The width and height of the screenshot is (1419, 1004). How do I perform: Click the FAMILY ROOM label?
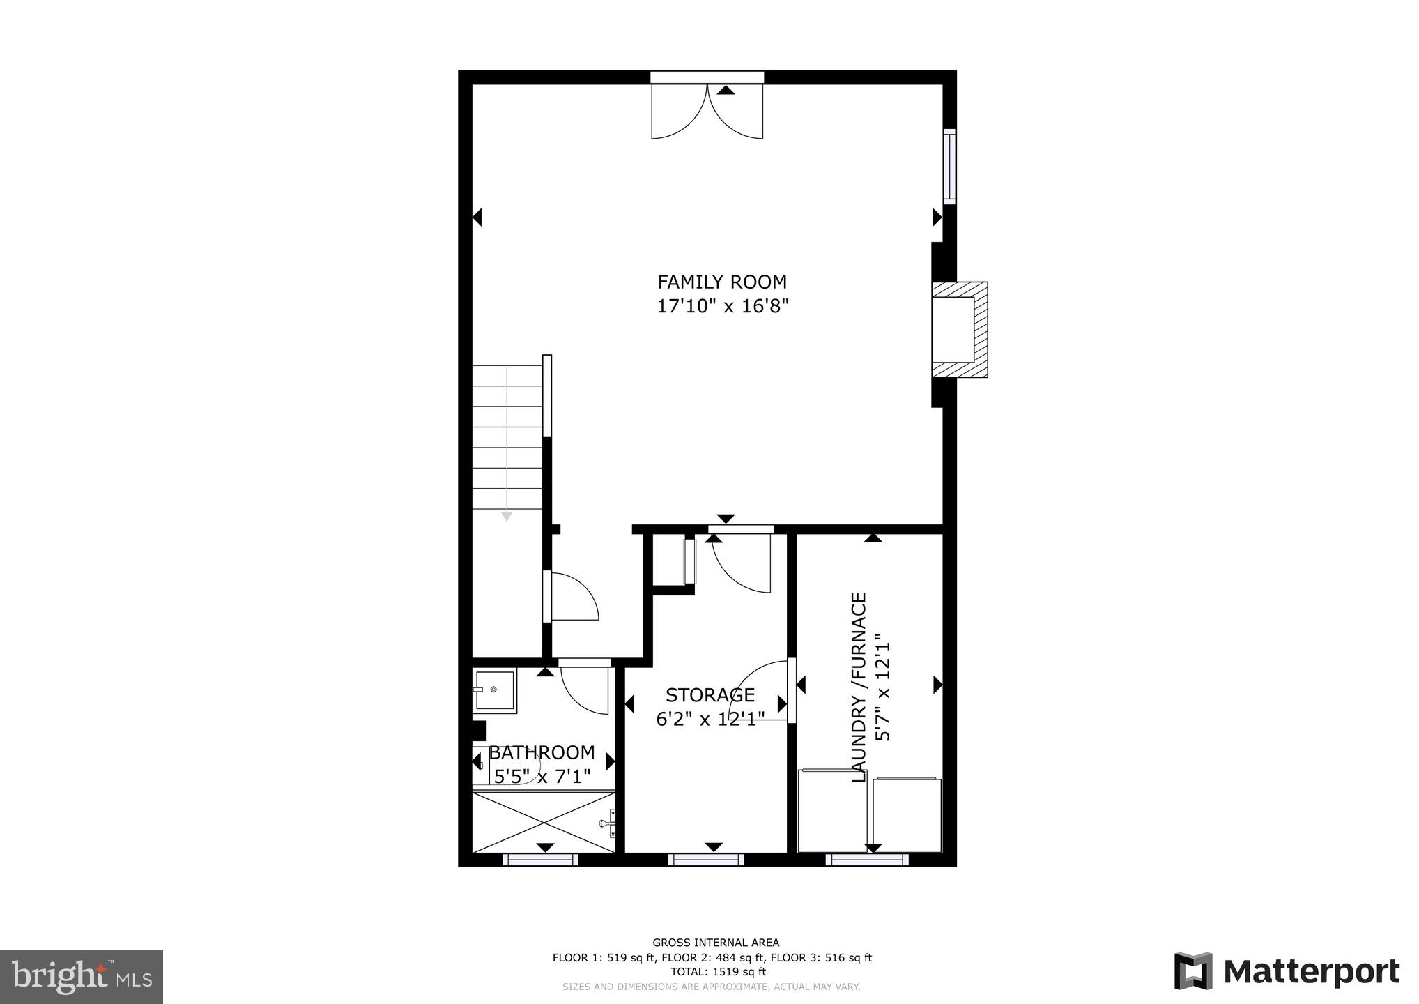tap(722, 282)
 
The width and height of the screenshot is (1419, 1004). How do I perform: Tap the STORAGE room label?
tap(709, 695)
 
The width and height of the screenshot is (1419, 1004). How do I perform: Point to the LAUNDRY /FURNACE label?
tap(859, 687)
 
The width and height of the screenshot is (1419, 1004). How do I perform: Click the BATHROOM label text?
tap(542, 753)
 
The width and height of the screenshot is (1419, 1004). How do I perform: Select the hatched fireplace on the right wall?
tap(960, 330)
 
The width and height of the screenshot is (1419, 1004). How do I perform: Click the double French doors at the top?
tap(707, 112)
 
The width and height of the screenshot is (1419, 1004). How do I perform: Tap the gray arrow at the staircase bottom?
tap(507, 516)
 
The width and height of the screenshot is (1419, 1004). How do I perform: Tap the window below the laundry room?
tap(867, 860)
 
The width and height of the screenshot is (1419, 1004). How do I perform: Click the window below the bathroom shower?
tap(541, 860)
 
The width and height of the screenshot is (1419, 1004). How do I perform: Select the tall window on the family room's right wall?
tap(949, 166)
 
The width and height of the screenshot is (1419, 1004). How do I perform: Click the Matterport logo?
tap(1287, 971)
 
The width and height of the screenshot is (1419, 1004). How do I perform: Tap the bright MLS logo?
tap(82, 976)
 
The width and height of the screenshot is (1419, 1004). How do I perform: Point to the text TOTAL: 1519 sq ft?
tap(718, 971)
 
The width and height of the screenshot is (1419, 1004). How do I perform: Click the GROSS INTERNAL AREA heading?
tap(716, 943)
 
